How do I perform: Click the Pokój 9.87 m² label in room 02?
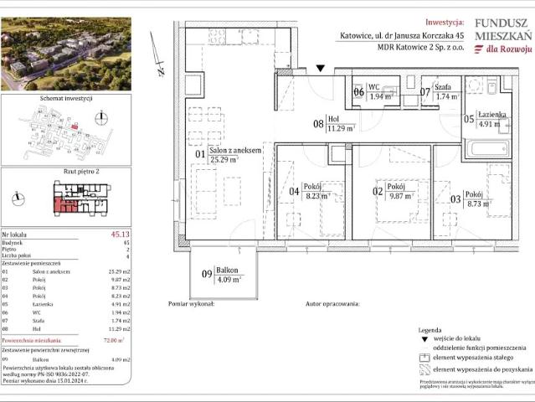(x=391, y=193)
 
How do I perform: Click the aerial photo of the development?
(x=66, y=54)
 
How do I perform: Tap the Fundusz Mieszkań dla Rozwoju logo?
(x=502, y=36)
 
